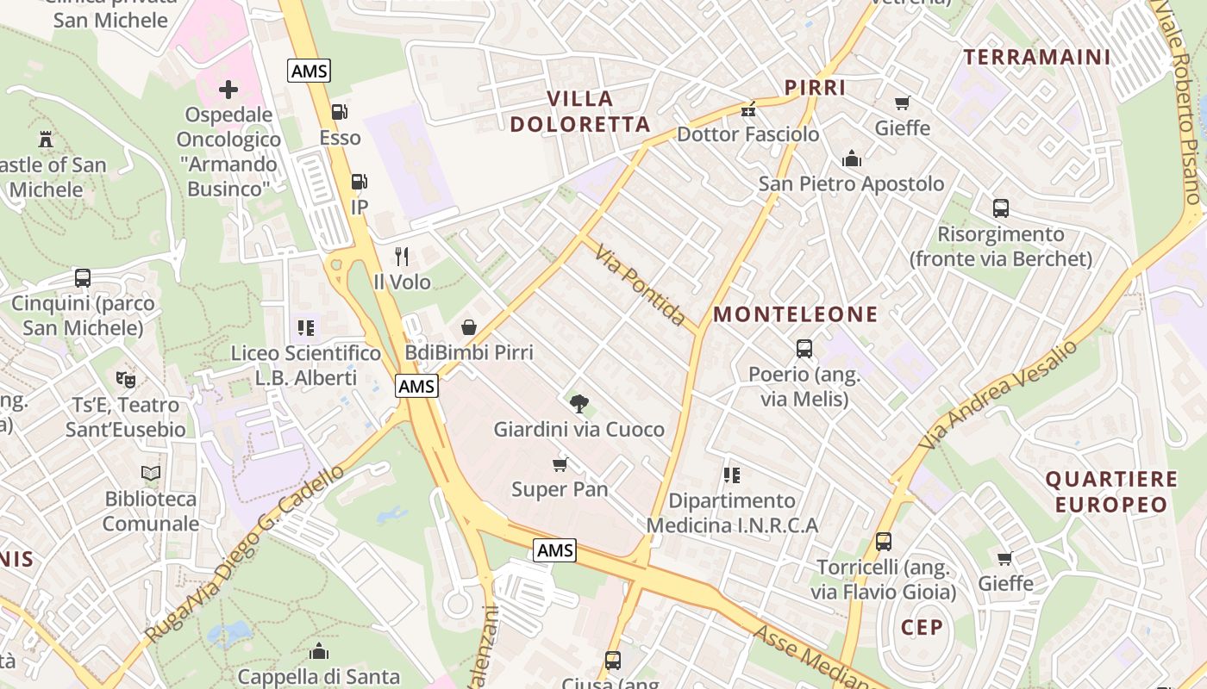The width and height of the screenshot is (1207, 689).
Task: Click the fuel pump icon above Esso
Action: pyautogui.click(x=340, y=111)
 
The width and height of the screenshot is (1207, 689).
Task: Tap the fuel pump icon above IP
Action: pyautogui.click(x=359, y=182)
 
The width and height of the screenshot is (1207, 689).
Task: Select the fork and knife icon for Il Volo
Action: pyautogui.click(x=401, y=256)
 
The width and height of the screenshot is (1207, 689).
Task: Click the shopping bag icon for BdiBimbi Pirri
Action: pyautogui.click(x=469, y=327)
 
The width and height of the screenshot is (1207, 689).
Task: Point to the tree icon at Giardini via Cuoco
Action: pyautogui.click(x=578, y=403)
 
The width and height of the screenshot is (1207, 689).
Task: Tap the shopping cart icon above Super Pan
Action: pyautogui.click(x=560, y=465)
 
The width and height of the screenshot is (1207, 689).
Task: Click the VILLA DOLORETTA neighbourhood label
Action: pyautogui.click(x=579, y=111)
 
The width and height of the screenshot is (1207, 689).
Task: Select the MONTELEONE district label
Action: pyautogui.click(x=796, y=314)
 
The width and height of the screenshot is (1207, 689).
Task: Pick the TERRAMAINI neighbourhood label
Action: pyautogui.click(x=1037, y=58)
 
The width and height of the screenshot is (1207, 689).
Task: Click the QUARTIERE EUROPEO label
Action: pyautogui.click(x=1111, y=492)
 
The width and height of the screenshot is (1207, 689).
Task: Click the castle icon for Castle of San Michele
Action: pyautogui.click(x=46, y=140)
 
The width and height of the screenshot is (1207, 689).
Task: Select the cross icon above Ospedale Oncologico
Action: pyautogui.click(x=228, y=90)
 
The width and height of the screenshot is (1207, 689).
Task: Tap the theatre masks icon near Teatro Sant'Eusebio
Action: pyautogui.click(x=125, y=379)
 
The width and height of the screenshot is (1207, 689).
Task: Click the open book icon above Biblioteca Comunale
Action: pyautogui.click(x=151, y=473)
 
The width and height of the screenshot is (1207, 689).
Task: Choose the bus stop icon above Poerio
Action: pyautogui.click(x=804, y=349)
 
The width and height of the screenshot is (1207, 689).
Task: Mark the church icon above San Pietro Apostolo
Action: pyautogui.click(x=852, y=158)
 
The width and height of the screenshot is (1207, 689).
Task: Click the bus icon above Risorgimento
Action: pyautogui.click(x=1001, y=208)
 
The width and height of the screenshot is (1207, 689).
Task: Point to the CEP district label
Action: pyautogui.click(x=922, y=627)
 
